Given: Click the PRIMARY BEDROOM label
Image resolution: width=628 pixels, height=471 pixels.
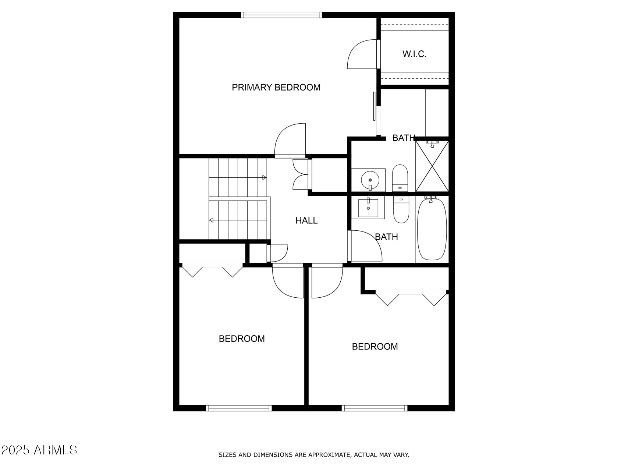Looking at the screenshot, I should pos(276,87).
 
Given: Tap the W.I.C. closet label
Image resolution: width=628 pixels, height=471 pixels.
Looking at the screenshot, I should pos(414,54).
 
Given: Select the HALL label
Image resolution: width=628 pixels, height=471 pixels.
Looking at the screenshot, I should pos(306,220).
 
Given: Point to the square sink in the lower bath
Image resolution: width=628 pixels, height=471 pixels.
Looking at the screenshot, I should pos(368,208).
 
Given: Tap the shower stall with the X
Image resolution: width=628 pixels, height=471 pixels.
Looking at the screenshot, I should pos(432,166).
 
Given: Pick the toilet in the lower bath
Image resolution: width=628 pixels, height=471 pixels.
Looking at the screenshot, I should pos(401,209).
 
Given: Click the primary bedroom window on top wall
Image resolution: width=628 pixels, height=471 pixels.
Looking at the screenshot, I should pos(281,15).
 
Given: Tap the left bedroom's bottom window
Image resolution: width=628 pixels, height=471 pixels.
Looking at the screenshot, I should pos(239,408).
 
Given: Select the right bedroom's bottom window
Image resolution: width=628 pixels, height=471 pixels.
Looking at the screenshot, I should pos(375,408).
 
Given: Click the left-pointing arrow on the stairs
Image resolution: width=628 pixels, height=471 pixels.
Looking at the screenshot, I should pos(212,220).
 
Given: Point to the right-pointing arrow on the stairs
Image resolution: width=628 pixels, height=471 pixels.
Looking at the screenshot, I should pos(264,178).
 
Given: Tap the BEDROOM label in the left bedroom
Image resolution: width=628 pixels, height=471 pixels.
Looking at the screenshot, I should pos(242,339).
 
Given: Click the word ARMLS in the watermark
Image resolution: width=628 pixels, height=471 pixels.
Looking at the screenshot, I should pos(55,450).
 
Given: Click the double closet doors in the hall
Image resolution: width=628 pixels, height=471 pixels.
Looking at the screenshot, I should pos(301,174).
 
